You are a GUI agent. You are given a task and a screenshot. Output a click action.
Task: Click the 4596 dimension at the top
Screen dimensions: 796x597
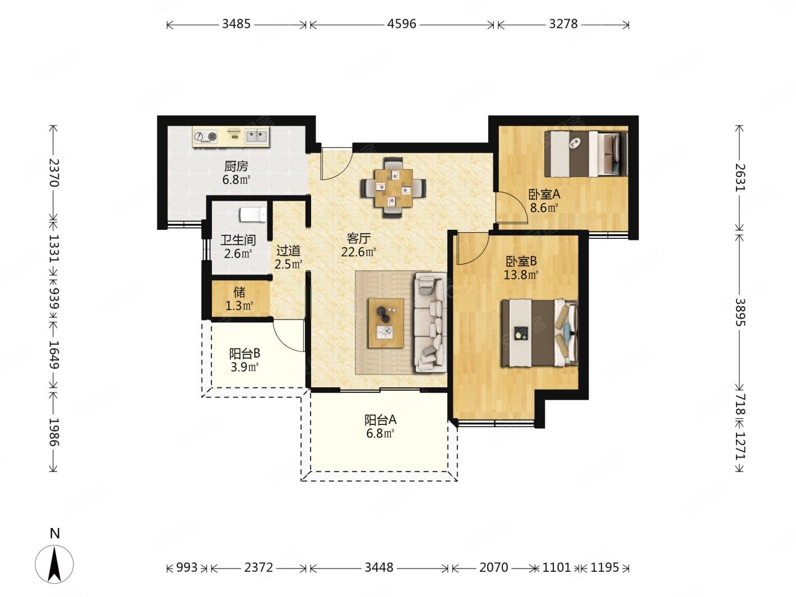point(401,24)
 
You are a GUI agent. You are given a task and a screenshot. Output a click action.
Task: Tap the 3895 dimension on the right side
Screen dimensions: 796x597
point(740,312)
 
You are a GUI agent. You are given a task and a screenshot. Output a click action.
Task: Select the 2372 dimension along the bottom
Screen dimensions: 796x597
point(258,567)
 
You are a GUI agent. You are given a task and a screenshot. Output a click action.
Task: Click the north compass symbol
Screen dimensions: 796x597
point(54,564)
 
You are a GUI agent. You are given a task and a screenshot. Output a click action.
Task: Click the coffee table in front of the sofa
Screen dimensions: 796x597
point(386,323)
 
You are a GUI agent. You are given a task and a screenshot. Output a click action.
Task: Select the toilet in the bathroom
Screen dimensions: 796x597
point(253,214)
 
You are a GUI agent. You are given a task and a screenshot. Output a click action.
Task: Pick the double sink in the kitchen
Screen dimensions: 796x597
point(257,136)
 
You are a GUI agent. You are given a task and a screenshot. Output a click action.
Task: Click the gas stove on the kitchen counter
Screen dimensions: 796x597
point(205,136)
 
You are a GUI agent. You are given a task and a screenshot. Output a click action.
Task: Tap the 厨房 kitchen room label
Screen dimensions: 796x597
point(236,166)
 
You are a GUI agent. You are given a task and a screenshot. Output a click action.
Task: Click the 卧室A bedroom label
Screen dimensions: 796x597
point(544,195)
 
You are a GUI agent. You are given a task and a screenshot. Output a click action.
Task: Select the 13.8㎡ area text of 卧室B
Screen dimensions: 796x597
point(521,275)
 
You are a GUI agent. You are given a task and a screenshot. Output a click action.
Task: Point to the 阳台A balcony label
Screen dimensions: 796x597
point(380,420)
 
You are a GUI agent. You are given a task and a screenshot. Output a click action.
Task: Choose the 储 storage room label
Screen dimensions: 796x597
point(239,292)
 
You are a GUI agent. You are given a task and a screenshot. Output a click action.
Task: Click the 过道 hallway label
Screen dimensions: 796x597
point(288,251)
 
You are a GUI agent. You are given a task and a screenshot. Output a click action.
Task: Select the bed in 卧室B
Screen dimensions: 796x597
point(540,332)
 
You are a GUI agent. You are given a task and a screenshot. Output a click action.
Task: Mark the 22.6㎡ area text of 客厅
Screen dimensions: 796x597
point(358,252)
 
